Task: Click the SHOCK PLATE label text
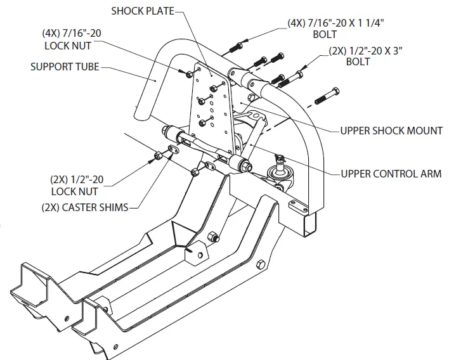pyautogui.click(x=141, y=11)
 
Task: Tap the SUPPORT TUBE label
pyautogui.click(x=65, y=66)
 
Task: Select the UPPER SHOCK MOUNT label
pyautogui.click(x=391, y=131)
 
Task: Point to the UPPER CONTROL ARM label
pyautogui.click(x=391, y=174)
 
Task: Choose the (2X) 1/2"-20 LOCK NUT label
pyautogui.click(x=77, y=184)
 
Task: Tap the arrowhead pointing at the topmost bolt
pyautogui.click(x=244, y=41)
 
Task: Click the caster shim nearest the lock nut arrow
pyautogui.click(x=171, y=151)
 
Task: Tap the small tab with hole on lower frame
pyautogui.click(x=198, y=253)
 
